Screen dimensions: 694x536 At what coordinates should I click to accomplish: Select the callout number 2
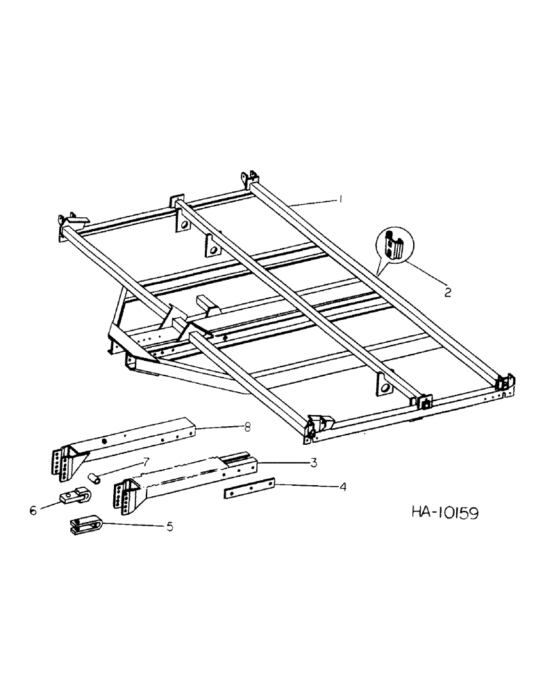coord(447,292)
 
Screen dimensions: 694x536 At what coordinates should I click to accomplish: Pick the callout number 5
coord(169,527)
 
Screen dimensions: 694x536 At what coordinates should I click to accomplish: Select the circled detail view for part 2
coord(394,245)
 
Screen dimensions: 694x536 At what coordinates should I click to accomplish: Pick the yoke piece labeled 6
coord(72,498)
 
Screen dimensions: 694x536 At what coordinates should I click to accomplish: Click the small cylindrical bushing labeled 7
coord(94,478)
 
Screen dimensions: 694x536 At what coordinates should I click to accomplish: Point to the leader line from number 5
coord(135,525)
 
